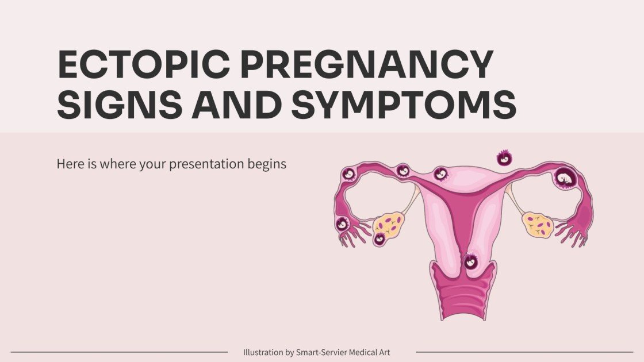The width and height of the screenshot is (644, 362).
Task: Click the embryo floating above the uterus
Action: coord(504,157)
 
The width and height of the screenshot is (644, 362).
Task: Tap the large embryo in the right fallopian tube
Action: coord(565,178)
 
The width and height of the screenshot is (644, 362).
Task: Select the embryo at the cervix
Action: coord(470,262)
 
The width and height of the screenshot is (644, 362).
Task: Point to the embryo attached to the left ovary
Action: coord(380,238)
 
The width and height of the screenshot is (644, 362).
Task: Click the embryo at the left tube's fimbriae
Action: coord(343,224)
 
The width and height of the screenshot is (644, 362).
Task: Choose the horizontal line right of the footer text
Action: coord(524,352)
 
